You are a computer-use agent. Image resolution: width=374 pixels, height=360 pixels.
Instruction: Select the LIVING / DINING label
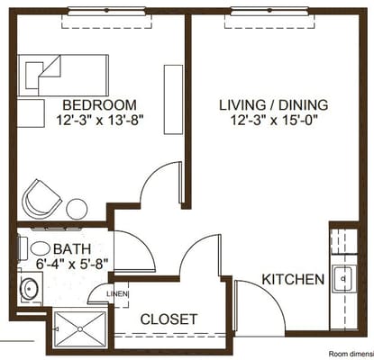(273, 103)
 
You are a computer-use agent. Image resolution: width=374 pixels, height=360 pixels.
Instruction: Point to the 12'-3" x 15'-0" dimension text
(273, 120)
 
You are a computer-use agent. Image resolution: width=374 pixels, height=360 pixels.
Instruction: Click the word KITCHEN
(292, 280)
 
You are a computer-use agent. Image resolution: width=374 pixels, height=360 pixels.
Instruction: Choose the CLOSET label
(169, 319)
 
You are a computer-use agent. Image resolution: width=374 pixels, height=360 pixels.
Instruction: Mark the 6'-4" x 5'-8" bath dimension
(72, 265)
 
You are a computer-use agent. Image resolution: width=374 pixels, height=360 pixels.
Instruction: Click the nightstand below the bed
(32, 112)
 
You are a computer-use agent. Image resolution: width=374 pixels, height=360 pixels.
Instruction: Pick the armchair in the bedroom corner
(41, 197)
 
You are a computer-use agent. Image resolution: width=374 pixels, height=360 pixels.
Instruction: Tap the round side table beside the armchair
(77, 209)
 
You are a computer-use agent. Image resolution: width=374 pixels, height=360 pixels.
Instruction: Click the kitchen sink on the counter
(343, 281)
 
